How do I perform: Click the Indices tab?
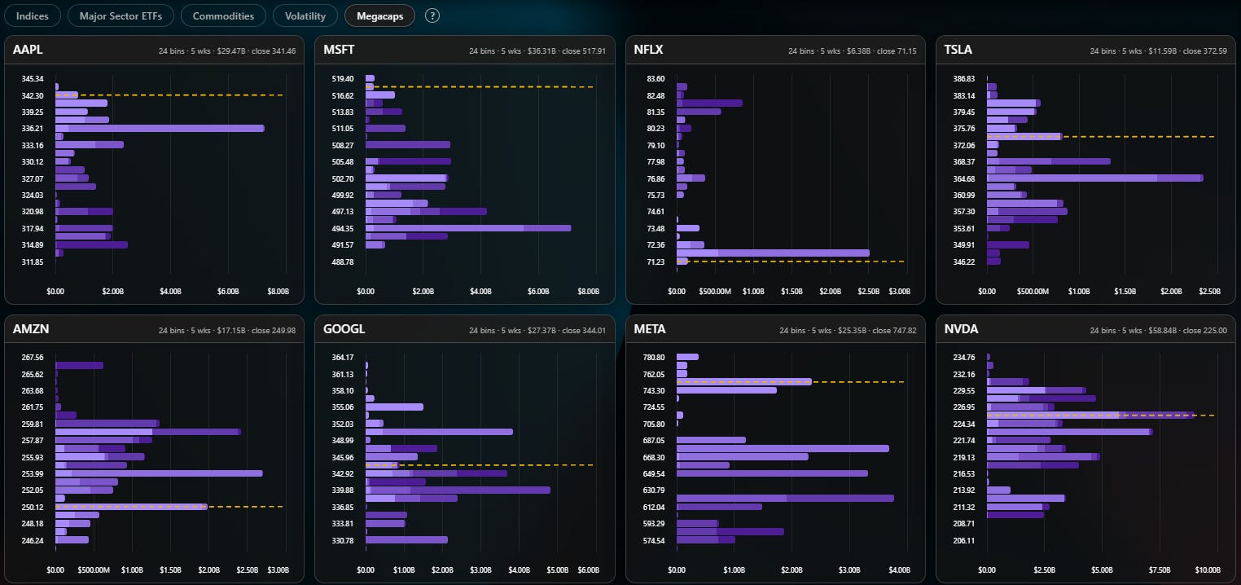pos(32,16)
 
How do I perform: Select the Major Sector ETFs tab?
pos(121,16)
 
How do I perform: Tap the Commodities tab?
pos(223,16)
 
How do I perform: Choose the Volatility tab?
pos(305,16)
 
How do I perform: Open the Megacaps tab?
pos(380,16)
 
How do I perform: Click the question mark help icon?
pos(432,15)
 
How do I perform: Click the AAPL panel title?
pos(28,50)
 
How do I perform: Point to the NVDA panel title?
pos(961,329)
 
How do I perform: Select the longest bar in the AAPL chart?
pos(160,129)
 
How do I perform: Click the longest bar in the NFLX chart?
pos(773,253)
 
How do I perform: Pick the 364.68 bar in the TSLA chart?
pos(1094,178)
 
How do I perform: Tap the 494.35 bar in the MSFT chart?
pos(468,228)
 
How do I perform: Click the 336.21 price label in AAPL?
pos(32,129)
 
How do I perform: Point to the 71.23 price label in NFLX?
pos(656,262)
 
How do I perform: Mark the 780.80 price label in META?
pos(654,358)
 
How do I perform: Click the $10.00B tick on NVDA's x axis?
pos(1208,570)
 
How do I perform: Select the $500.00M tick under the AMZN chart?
pos(94,570)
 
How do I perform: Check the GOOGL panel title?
pos(344,329)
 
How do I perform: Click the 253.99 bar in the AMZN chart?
pos(159,473)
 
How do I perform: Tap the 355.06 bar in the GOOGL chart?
pos(394,407)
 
